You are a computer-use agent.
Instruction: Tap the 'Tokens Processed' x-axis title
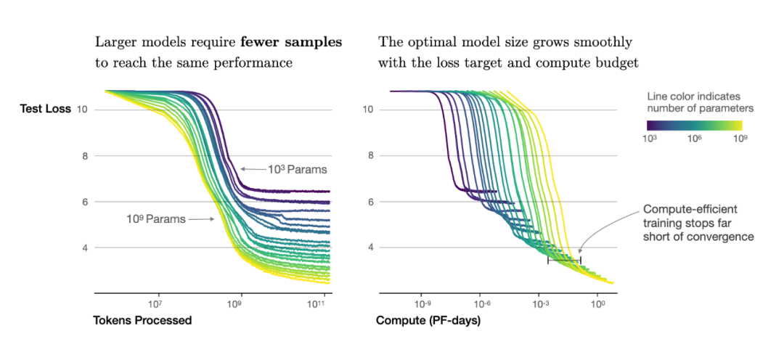tap(142, 320)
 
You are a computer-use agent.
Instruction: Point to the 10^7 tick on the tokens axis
tap(154, 303)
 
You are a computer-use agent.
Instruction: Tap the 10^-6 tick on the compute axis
tap(481, 303)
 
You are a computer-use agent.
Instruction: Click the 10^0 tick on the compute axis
tap(597, 303)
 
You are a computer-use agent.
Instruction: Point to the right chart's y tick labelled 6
tap(367, 201)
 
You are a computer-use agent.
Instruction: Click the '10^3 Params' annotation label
tap(296, 170)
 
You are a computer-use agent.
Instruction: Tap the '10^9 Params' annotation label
tap(155, 217)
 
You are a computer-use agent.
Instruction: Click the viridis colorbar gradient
tap(694, 124)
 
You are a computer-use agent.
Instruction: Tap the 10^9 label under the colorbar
tap(738, 139)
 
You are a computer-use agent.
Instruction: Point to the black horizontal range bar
tap(564, 259)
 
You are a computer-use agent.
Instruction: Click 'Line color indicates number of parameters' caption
tap(700, 102)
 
